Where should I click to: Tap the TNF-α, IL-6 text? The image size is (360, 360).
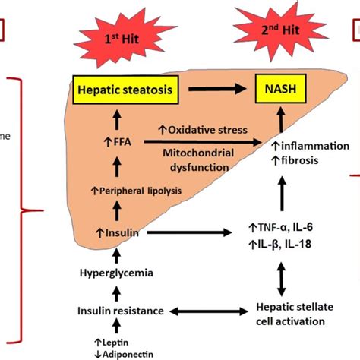pos(285,226)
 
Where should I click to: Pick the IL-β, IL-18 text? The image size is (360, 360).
pos(284,244)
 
